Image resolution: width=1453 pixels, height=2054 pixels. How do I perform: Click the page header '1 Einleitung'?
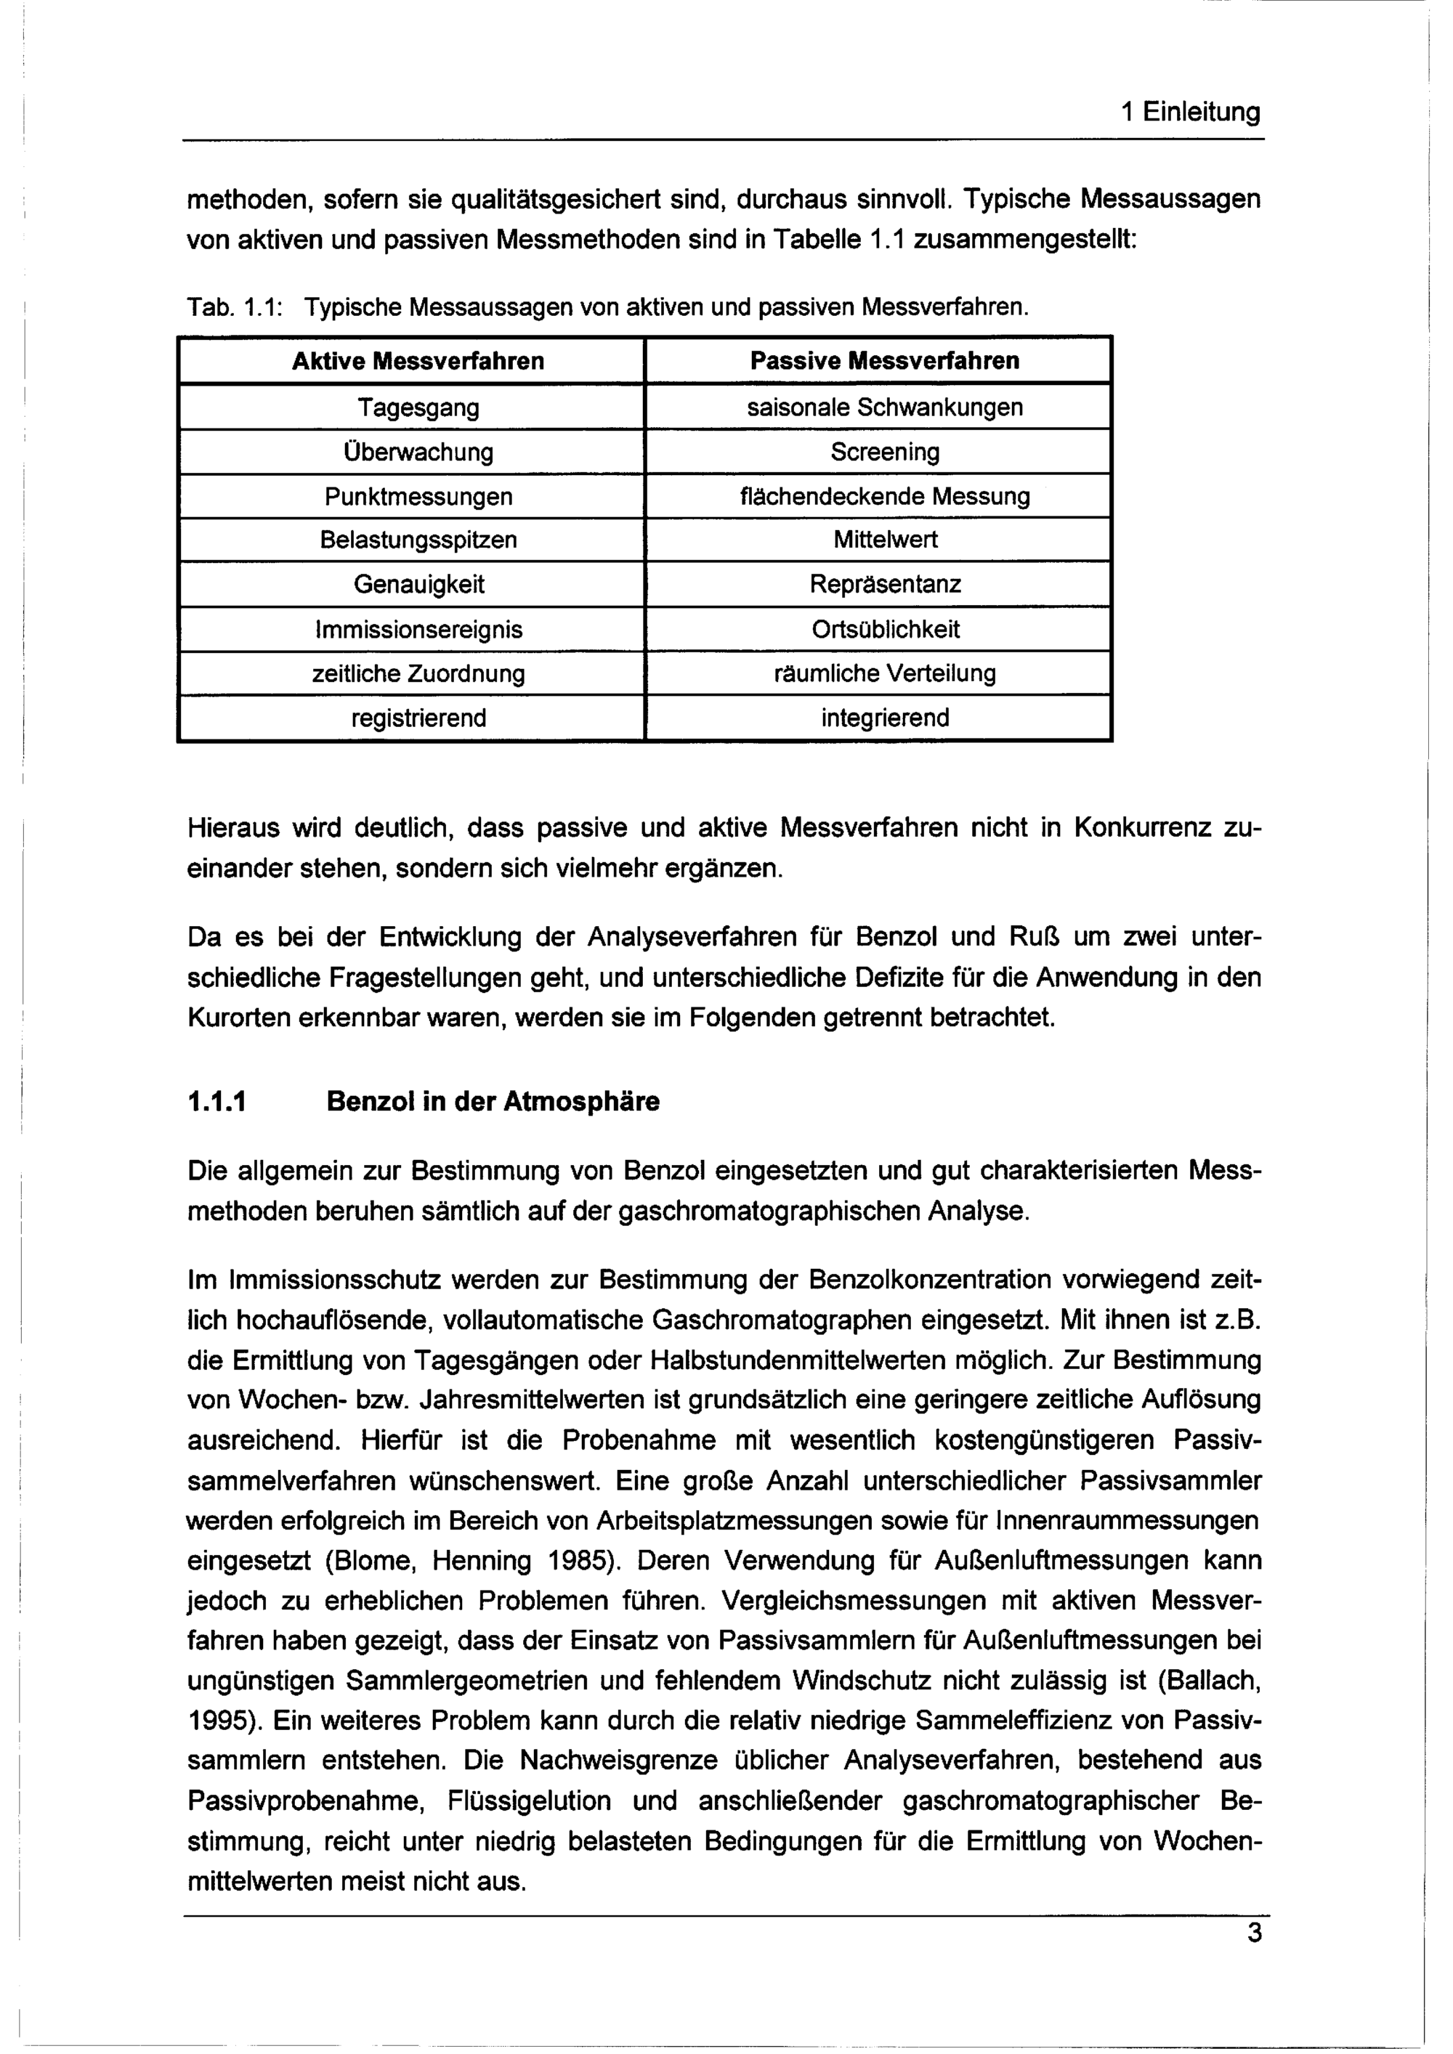1190,112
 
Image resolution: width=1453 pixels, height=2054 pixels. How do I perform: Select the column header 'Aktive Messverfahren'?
418,362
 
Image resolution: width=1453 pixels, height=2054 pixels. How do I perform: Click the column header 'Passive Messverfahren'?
884,362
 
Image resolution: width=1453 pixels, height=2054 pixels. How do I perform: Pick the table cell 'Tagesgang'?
418,408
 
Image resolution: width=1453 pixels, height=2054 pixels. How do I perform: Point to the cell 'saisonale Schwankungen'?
884,408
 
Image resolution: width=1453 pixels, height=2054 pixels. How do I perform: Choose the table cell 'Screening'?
884,452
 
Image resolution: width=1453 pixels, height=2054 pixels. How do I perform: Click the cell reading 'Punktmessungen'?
418,497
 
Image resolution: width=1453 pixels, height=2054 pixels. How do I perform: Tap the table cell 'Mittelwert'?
884,540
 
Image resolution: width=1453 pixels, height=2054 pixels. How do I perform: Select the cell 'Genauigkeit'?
418,585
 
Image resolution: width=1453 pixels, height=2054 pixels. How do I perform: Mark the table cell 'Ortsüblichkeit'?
884,630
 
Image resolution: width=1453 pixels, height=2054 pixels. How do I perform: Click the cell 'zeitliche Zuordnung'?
418,673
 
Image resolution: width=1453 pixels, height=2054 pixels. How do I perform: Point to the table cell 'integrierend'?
884,718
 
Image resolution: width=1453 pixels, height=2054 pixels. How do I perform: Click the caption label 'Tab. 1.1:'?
235,309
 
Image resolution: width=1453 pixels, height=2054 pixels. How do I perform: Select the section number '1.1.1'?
216,1101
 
